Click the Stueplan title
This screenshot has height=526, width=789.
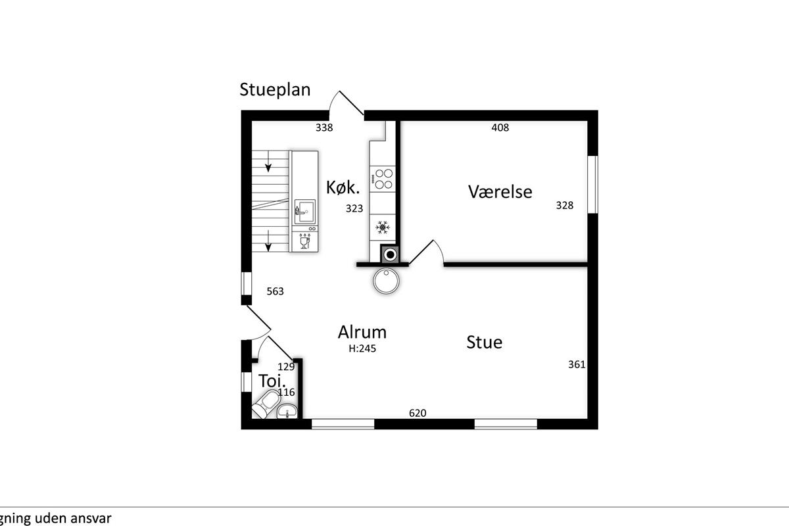[x=275, y=90]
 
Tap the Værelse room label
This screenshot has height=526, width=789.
[x=500, y=192]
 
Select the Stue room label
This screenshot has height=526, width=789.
[x=485, y=342]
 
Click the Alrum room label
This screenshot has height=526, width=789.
[x=362, y=332]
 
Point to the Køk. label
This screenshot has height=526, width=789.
[x=343, y=187]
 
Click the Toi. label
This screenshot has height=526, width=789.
[x=272, y=381]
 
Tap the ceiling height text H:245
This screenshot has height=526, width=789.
[x=362, y=348]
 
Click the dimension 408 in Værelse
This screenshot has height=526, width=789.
[x=500, y=128]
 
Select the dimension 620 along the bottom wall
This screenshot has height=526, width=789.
[x=418, y=413]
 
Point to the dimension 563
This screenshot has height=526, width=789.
[x=275, y=291]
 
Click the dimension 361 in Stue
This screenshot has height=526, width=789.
[x=577, y=365]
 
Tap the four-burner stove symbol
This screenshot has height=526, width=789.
[x=382, y=179]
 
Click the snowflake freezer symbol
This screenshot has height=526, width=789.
[x=383, y=227]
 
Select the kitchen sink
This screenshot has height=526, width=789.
[x=305, y=212]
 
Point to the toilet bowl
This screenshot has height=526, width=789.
[x=266, y=404]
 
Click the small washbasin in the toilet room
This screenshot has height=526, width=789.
[x=287, y=411]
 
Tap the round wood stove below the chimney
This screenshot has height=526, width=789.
[x=386, y=281]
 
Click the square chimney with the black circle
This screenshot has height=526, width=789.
[x=390, y=254]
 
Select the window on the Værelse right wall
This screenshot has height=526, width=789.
[x=593, y=185]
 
